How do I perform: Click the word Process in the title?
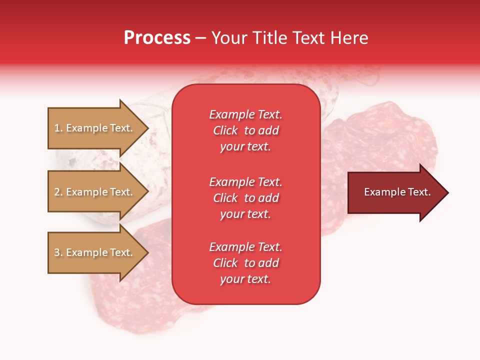coord(157,38)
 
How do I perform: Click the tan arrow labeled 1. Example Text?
coord(98,128)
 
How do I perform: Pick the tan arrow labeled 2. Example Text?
coord(98,191)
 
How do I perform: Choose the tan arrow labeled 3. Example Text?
coord(98,252)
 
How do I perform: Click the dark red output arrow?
coord(398,192)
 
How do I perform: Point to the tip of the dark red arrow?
coord(448,192)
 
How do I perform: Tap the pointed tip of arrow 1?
coord(148,128)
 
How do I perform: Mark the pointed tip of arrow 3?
coord(148,252)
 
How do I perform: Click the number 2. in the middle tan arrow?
coord(58,192)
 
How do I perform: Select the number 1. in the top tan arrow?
coord(58,128)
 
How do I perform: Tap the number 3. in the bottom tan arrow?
coord(58,252)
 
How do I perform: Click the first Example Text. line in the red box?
coord(246,114)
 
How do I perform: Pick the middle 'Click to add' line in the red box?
coord(246,198)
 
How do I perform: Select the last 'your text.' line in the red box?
coord(245,279)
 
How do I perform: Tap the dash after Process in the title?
coord(201,39)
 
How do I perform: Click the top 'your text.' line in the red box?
coord(245,147)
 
